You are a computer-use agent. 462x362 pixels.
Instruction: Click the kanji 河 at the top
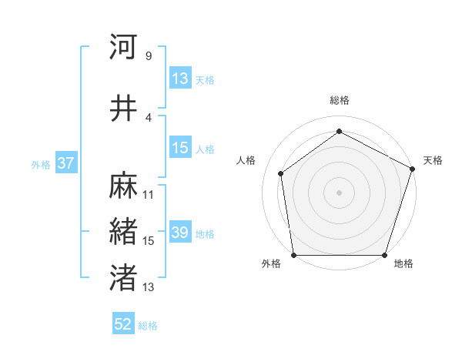point(123,48)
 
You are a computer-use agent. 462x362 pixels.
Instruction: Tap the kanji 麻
point(123,186)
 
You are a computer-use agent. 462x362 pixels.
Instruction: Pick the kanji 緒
point(123,232)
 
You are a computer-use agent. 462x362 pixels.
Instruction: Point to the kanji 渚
point(123,278)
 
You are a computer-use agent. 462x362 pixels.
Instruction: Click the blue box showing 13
point(180,79)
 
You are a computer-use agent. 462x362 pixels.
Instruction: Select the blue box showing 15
point(180,149)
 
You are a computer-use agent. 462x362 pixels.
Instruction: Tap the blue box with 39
point(180,233)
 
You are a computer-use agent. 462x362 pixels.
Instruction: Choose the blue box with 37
point(65,164)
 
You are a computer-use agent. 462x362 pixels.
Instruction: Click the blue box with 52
point(123,325)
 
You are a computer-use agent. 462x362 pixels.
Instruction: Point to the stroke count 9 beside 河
point(148,56)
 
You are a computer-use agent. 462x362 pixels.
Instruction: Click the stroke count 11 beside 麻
point(149,195)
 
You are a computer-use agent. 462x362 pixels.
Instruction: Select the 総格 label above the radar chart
point(339,100)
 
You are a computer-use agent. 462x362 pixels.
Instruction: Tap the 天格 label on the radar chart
point(433,160)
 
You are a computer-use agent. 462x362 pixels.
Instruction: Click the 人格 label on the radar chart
point(246,160)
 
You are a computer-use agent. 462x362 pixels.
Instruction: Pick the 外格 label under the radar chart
point(271,264)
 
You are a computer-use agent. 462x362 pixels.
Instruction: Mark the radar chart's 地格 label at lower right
point(403,264)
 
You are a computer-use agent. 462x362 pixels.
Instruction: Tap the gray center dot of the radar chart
point(339,192)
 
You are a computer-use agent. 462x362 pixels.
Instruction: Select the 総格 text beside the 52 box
point(148,326)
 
